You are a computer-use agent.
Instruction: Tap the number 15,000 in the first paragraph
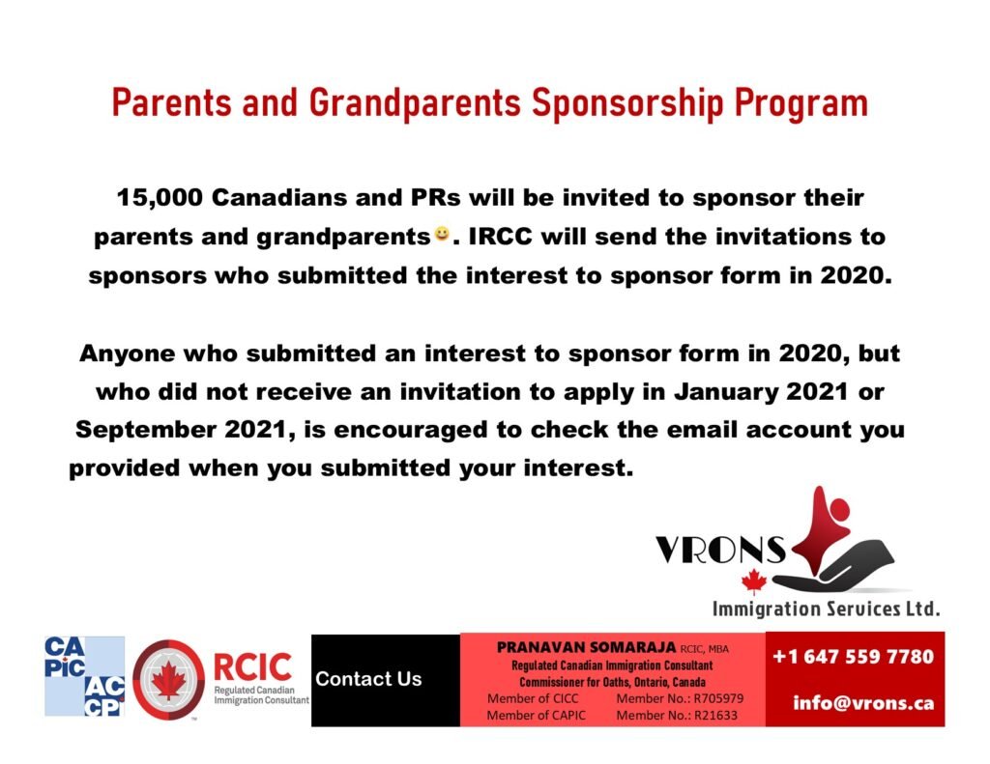pos(160,198)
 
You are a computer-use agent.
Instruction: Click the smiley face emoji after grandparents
pos(441,234)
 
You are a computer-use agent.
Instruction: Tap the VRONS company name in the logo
pos(720,550)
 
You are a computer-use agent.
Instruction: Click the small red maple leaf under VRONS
pos(753,581)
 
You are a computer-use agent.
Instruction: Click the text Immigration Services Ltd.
pos(826,608)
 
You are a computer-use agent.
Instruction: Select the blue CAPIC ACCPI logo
pos(84,676)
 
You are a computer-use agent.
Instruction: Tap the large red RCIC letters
pos(251,665)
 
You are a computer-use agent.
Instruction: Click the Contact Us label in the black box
pos(368,679)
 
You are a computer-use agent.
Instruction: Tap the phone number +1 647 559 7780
pos(854,657)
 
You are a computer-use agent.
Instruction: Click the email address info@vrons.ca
pos(863,702)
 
